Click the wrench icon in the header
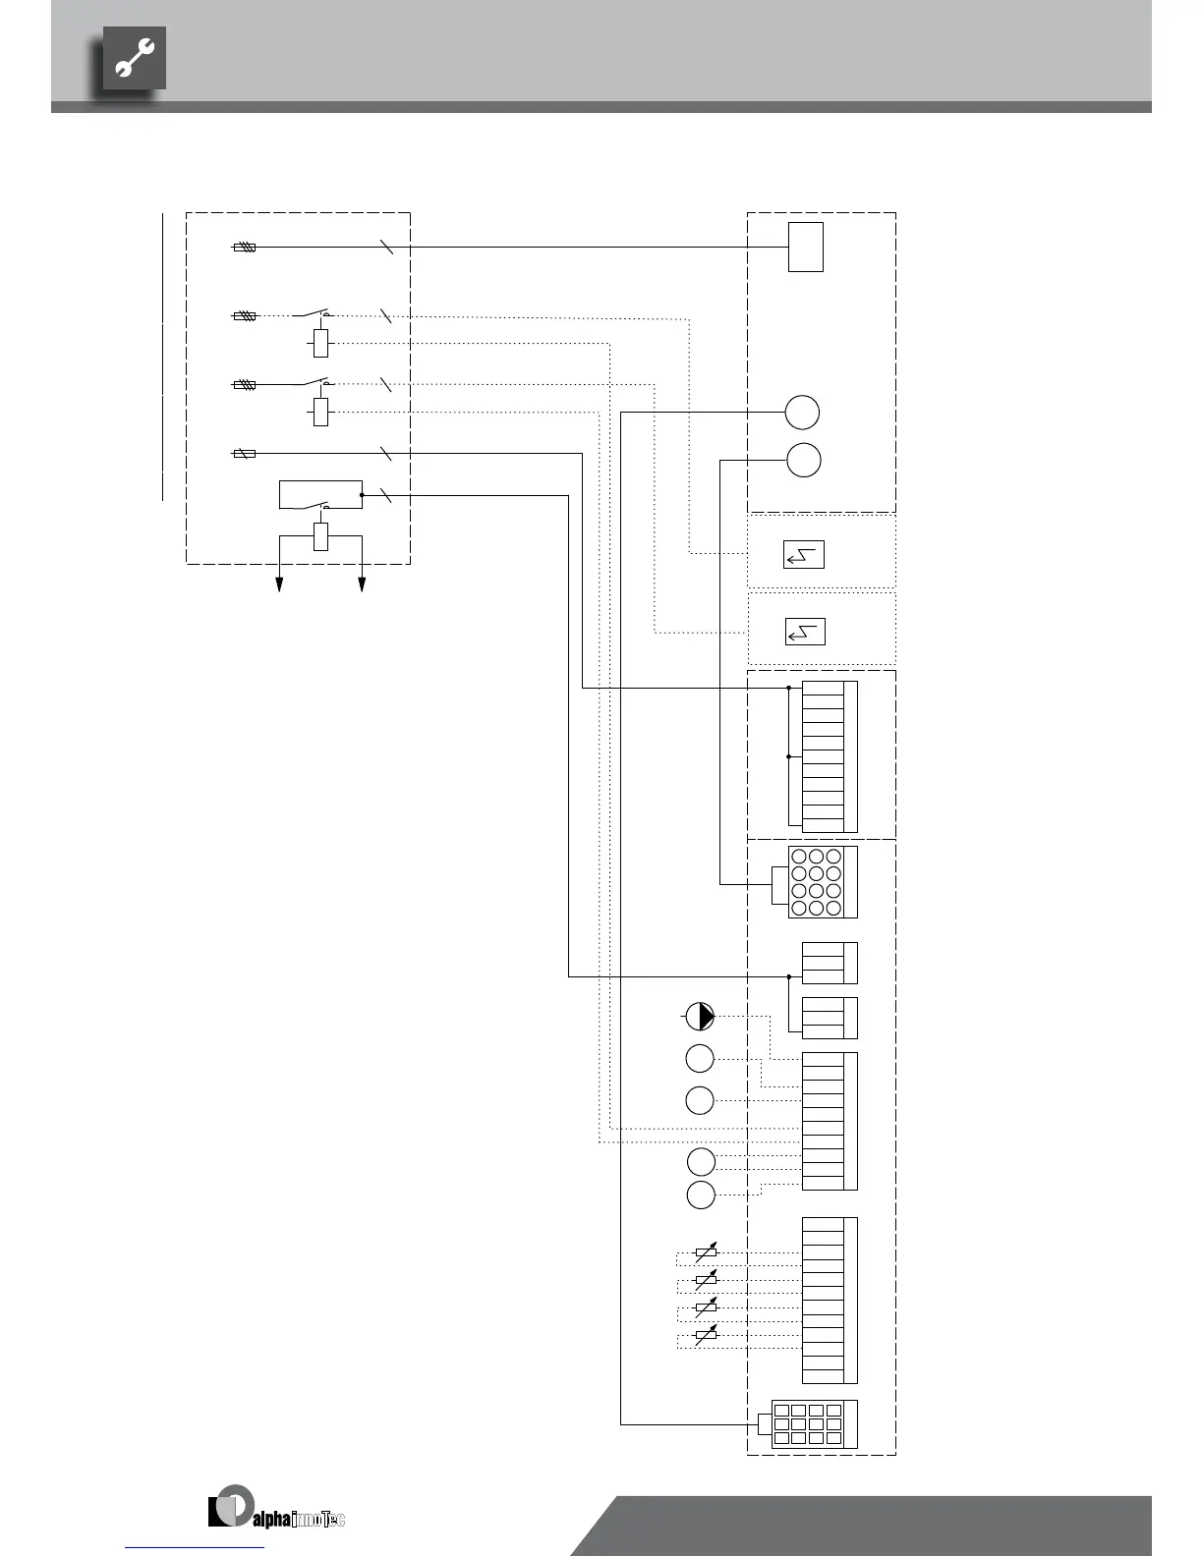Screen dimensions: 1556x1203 click(x=135, y=59)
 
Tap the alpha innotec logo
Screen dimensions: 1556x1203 click(x=276, y=1508)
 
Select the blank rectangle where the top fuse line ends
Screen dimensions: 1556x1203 click(x=805, y=247)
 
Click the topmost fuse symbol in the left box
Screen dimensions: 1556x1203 click(x=245, y=248)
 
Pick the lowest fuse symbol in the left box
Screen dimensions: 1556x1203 click(x=245, y=454)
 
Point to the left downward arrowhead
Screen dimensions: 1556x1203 click(x=280, y=584)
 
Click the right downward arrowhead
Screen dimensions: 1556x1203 click(x=362, y=584)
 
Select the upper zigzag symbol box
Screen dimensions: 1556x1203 click(x=804, y=555)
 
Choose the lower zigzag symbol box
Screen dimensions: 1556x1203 click(x=805, y=632)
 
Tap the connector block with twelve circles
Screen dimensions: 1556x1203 click(x=823, y=882)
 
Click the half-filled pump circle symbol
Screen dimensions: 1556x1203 click(x=699, y=1017)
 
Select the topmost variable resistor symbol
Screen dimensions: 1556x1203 click(x=706, y=1252)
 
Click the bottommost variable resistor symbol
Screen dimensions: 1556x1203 click(x=706, y=1335)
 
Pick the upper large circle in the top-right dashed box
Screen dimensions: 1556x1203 click(x=802, y=412)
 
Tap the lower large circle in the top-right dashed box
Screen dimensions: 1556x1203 click(x=804, y=460)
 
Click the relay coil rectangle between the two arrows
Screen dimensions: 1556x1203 click(x=320, y=536)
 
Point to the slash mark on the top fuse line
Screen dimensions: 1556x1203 click(x=386, y=248)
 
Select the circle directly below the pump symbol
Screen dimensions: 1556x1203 click(x=699, y=1058)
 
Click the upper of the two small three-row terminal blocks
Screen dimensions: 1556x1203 click(x=830, y=963)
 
